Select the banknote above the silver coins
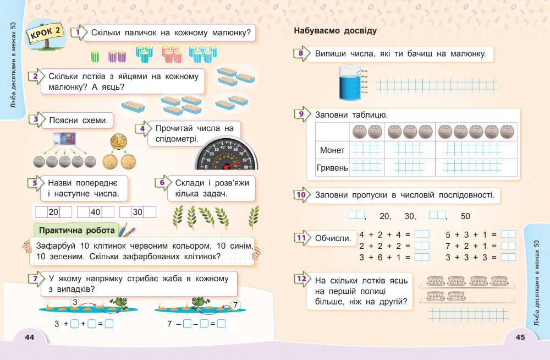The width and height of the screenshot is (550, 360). tap(64, 139)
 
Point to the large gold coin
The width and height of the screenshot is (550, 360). tap(118, 141)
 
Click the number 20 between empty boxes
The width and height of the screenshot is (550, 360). tap(53, 212)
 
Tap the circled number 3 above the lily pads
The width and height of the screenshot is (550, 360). tap(76, 301)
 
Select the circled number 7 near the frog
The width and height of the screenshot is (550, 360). tap(235, 304)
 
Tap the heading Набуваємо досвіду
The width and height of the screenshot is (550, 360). tap(335, 31)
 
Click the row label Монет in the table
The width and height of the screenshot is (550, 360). tap(332, 150)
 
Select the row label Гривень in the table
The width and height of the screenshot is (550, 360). tap(332, 167)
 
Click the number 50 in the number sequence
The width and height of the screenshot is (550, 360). tap(465, 216)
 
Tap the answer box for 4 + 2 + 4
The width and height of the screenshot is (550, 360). tap(422, 234)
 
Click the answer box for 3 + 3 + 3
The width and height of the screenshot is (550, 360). tap(508, 257)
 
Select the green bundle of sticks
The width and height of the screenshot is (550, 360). tap(95, 54)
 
